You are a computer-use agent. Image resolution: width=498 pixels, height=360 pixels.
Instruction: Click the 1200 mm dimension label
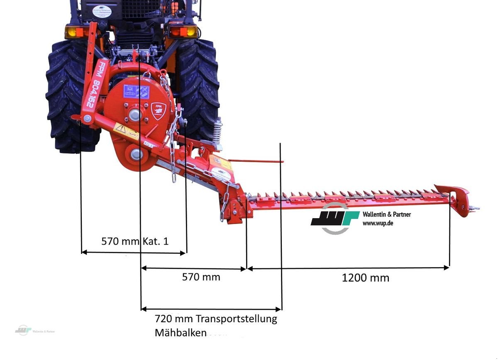[x=365, y=278]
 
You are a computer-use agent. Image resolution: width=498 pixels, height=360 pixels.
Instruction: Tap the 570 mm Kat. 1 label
[x=135, y=241]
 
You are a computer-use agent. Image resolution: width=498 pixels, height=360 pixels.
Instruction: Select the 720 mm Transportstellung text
[x=215, y=319]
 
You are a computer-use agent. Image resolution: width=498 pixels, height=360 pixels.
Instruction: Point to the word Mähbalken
[x=180, y=333]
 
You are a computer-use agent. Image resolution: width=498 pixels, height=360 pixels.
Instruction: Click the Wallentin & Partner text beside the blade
[x=386, y=214]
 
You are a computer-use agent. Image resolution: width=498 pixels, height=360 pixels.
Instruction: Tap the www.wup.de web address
[x=378, y=223]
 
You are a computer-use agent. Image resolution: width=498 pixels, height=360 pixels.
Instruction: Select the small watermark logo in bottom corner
[x=23, y=330]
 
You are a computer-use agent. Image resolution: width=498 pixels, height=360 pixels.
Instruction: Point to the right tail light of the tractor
[x=183, y=32]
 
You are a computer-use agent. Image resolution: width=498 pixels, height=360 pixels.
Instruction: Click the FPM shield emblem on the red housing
[x=159, y=111]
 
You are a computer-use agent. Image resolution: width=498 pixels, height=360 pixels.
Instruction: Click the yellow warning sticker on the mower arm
[x=126, y=132]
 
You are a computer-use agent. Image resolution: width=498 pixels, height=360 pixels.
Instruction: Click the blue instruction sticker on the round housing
[x=136, y=91]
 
